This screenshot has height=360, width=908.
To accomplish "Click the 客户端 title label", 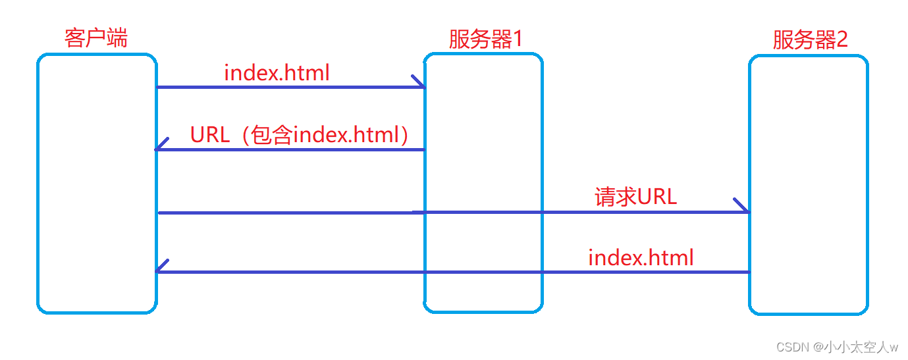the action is (96, 38).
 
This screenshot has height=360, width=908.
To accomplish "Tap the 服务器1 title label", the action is (485, 39).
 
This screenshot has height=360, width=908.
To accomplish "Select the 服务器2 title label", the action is (810, 40).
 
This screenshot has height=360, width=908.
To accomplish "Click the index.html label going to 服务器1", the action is (277, 72).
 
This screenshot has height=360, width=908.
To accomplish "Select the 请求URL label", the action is (635, 197).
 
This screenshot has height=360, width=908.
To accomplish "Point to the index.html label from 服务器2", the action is (641, 257).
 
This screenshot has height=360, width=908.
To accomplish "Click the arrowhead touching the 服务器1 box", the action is (419, 82).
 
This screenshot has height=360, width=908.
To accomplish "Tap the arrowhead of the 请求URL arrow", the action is (742, 206).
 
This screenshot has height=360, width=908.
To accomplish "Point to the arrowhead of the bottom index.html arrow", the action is (161, 267).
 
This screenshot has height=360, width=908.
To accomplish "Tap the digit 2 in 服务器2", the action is (841, 40).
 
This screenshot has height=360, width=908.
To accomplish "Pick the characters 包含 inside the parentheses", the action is (271, 135).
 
